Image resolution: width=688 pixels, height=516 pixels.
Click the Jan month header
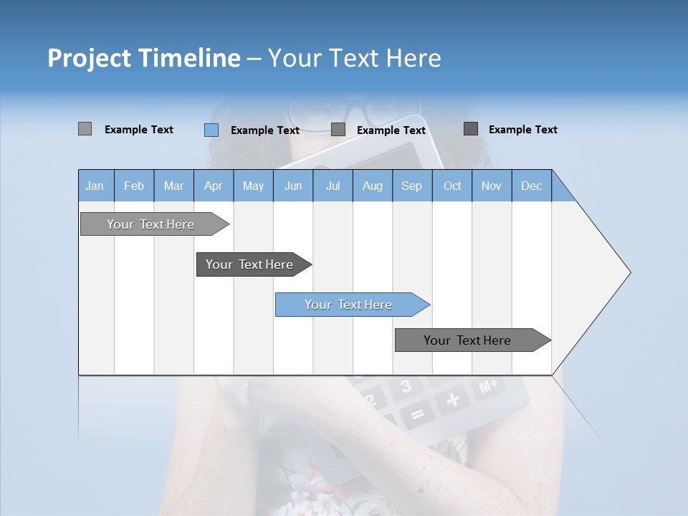95,186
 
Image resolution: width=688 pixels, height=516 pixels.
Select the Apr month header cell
213,186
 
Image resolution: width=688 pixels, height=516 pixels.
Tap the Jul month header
333,186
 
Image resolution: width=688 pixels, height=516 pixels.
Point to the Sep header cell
411,186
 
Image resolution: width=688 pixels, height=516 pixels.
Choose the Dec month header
531,186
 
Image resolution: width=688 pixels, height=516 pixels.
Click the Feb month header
134,186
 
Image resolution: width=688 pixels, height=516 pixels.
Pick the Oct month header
451,186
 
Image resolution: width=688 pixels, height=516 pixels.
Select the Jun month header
292,186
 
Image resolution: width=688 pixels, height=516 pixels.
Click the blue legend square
211,130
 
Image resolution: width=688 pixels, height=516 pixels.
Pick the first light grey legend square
85,129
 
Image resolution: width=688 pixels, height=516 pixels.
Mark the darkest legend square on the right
471,129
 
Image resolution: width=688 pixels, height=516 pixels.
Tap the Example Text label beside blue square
265,130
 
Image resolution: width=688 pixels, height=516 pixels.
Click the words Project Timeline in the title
143,58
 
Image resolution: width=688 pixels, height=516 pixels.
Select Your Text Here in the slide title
355,58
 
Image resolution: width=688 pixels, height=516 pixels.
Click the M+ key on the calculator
488,387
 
